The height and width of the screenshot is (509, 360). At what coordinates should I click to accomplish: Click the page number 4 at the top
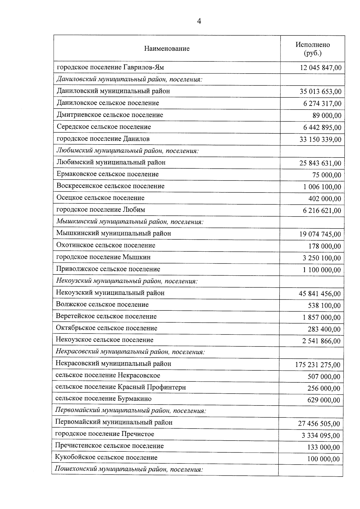199,21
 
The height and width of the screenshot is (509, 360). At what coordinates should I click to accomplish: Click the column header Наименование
167,49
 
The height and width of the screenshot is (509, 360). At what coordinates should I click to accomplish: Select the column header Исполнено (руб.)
313,49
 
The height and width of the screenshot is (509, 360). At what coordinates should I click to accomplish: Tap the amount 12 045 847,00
320,68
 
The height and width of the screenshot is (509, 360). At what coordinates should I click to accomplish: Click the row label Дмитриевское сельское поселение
110,115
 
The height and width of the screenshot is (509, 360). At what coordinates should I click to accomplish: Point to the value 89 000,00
327,116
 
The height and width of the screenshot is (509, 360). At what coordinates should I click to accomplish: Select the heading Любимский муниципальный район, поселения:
127,151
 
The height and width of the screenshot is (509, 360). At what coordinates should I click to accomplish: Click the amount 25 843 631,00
320,163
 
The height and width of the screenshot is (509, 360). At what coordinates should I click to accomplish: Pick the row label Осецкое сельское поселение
100,198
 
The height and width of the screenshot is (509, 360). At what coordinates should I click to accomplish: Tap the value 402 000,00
325,199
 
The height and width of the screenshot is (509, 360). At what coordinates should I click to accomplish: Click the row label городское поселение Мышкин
103,257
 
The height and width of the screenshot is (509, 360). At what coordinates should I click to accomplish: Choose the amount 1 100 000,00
322,270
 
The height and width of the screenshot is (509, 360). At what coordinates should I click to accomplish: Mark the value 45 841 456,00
319,294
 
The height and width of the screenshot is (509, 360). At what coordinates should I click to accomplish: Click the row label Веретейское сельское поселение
106,316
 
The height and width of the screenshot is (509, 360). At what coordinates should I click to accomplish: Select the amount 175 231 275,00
318,365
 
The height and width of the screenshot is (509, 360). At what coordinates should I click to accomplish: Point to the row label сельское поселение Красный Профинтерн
120,387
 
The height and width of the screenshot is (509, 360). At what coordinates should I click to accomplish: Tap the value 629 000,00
324,400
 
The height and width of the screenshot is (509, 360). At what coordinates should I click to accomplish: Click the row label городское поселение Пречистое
104,434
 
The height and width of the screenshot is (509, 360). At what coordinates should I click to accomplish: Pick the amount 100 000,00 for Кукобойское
323,459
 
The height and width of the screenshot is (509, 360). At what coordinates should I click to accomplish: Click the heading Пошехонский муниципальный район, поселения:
129,469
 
